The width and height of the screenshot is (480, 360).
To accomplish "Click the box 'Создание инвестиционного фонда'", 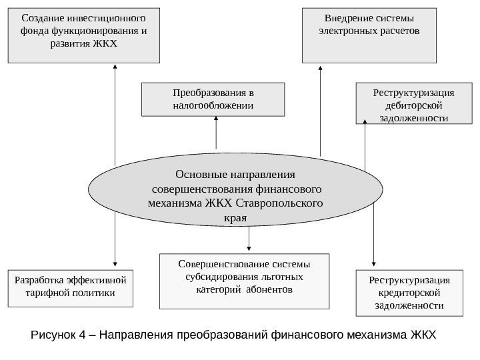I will (84, 35).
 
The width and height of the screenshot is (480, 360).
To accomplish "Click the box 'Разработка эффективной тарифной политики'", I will (70, 288).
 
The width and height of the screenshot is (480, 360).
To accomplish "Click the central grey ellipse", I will (237, 196).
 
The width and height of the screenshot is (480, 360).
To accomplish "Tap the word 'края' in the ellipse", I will (237, 218).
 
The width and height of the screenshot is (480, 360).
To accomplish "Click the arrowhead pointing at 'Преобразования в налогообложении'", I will (217, 118).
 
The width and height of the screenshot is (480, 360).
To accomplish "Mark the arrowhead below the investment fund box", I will (115, 67).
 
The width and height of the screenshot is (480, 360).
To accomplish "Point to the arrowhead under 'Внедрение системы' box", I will (321, 67).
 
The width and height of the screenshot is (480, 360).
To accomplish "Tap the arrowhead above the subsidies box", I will (249, 248).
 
